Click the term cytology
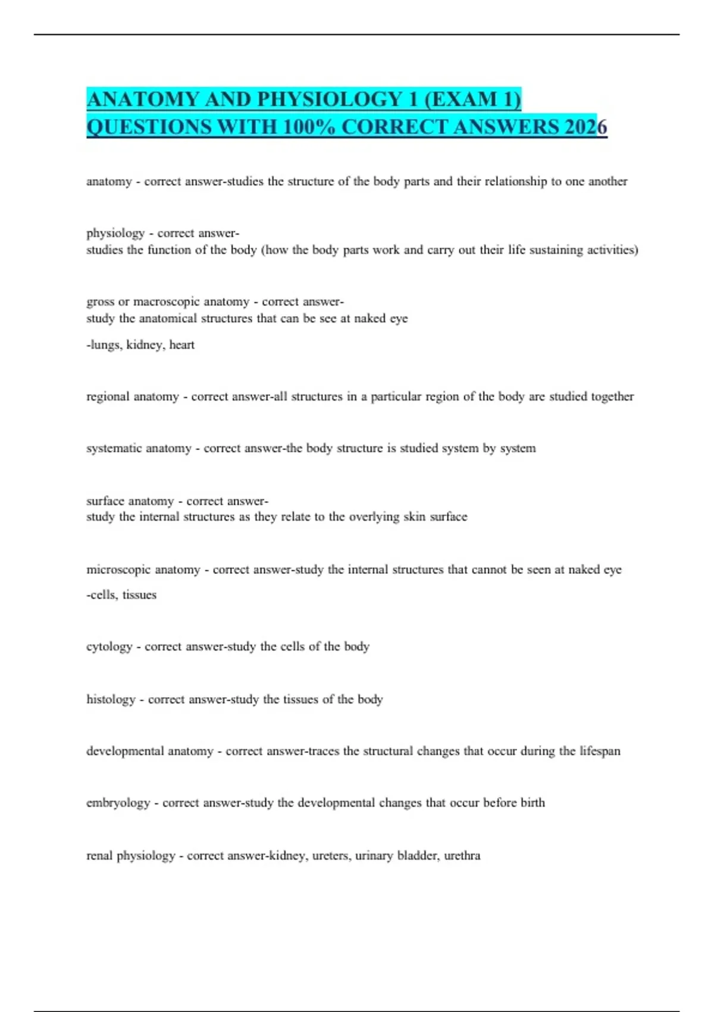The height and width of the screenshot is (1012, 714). click(109, 647)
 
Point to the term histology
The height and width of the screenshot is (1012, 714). click(111, 699)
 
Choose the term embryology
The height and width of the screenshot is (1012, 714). click(118, 803)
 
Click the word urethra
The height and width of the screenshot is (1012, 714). click(462, 855)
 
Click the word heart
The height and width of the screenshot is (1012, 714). click(181, 345)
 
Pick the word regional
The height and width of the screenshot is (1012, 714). click(108, 396)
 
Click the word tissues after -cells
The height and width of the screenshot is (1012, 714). click(139, 595)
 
